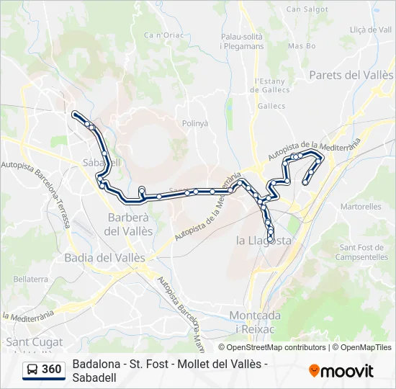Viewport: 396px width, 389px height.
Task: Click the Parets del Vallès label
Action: point(351,75)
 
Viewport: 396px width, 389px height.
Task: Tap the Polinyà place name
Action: point(194,123)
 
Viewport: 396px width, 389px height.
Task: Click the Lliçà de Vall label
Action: point(370,30)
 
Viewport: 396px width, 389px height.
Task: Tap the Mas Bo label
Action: point(302,46)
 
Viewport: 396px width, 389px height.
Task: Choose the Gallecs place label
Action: point(271,105)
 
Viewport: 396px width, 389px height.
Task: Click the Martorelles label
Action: point(361,207)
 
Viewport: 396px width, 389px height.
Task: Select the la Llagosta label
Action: point(264,241)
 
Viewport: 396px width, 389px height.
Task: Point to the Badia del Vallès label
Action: point(104,257)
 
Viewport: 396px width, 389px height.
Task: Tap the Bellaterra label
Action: point(30,278)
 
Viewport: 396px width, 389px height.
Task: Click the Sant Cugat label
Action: point(35,341)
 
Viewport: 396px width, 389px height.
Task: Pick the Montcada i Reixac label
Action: point(254,321)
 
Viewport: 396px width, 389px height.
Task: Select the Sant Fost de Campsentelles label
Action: point(363,252)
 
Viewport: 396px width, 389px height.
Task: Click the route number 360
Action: point(51,370)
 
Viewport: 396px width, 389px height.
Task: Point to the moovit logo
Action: point(341,370)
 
